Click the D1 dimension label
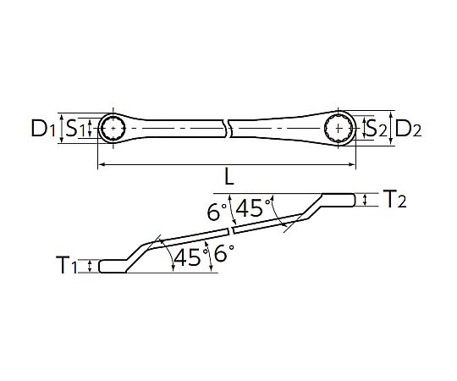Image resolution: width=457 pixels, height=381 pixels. (43, 130)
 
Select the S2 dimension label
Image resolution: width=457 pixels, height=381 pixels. (375, 130)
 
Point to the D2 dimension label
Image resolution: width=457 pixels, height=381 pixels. (410, 130)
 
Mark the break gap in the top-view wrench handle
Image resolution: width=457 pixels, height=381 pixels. (226, 129)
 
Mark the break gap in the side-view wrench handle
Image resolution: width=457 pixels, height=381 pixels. (229, 230)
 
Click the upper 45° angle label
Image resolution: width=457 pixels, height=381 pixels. (253, 207)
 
